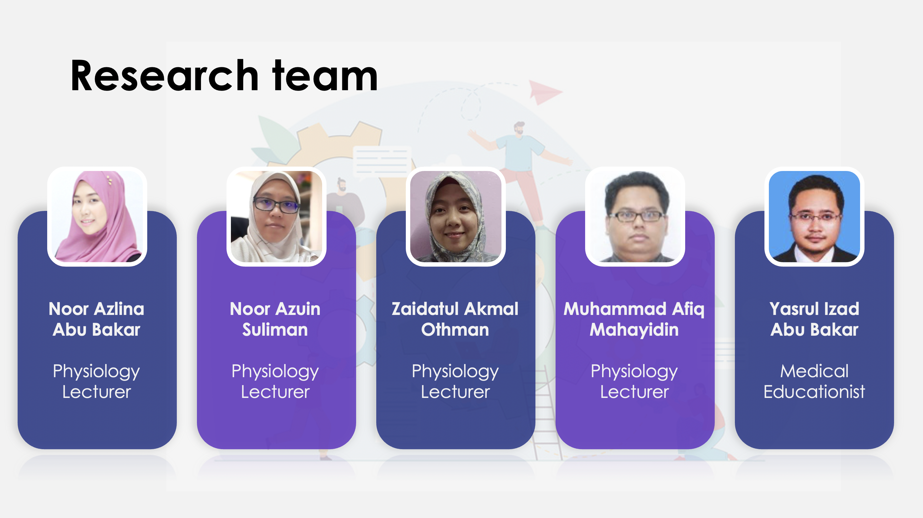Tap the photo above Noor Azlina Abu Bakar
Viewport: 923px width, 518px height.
tap(97, 216)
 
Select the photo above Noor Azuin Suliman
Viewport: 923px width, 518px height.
tap(276, 216)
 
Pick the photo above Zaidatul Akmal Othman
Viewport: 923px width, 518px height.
tap(456, 216)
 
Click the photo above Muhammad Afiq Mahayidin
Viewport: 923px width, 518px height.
tap(635, 216)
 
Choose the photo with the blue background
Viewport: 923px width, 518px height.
tap(814, 216)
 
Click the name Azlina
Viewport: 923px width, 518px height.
tap(120, 309)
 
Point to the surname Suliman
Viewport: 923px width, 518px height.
tap(275, 329)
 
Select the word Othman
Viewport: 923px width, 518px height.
tap(455, 329)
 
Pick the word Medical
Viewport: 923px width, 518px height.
tap(814, 371)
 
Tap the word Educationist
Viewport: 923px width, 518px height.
tap(814, 392)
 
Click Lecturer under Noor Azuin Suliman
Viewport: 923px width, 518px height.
tap(275, 392)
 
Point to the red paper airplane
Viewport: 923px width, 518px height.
tap(544, 92)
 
